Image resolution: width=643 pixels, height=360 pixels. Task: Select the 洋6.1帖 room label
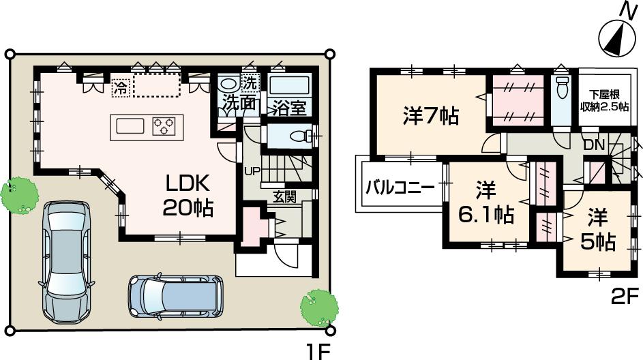point(485,202)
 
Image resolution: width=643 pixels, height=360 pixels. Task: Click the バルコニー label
point(400,187)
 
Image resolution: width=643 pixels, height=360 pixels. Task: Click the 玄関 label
point(284,197)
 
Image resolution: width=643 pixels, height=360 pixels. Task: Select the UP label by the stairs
point(252,170)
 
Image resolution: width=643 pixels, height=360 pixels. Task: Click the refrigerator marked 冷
point(120,87)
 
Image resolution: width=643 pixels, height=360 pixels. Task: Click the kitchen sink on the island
point(130,126)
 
